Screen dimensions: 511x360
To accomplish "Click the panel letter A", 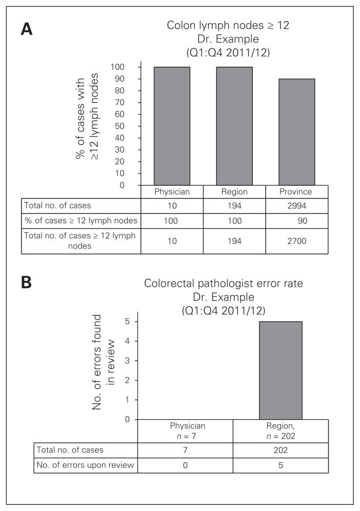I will [x=27, y=29].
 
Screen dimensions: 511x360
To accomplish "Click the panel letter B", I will [x=27, y=283].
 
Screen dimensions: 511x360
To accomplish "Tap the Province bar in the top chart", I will [x=297, y=132].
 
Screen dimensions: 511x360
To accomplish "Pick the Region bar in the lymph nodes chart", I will [x=234, y=126].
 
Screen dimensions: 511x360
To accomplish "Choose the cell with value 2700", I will [x=297, y=241].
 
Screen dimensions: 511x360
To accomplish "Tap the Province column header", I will [x=297, y=191].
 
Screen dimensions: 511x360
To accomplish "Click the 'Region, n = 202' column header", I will [x=281, y=430].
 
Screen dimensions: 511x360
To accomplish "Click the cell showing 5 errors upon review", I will [x=281, y=465].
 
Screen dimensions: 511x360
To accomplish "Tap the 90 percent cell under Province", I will [x=297, y=221].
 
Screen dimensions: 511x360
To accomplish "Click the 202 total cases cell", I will [x=281, y=450].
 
